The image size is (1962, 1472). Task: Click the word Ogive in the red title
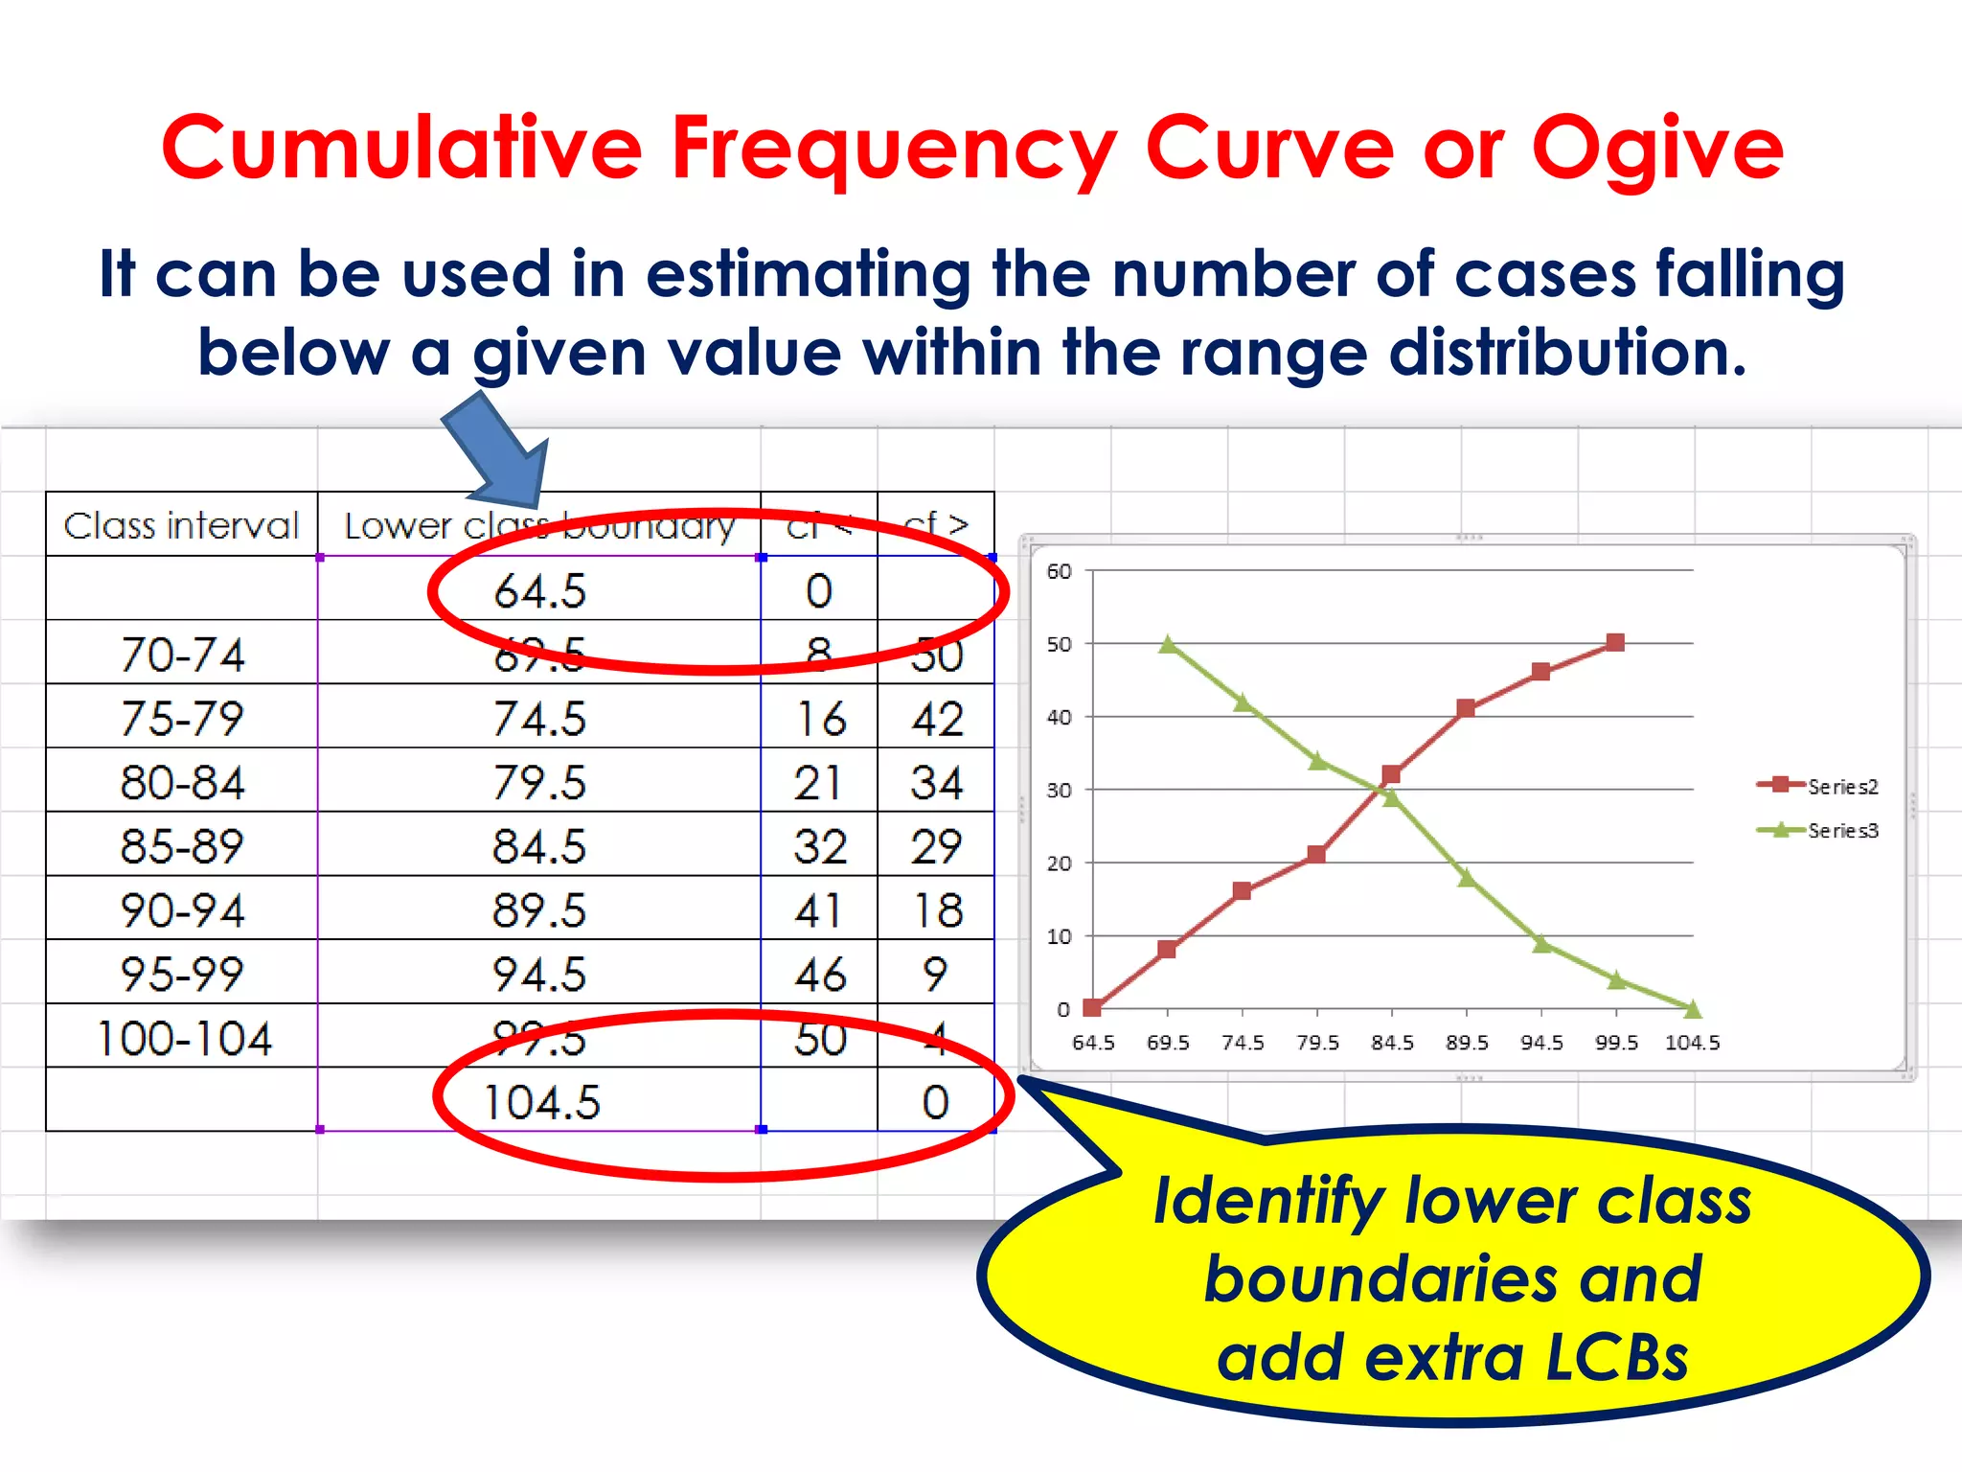pyautogui.click(x=1657, y=150)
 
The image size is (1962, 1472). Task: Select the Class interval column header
pyautogui.click(x=181, y=525)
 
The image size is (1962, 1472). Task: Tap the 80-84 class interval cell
pyautogui.click(x=182, y=782)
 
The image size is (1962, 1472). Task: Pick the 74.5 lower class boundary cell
pyautogui.click(x=539, y=719)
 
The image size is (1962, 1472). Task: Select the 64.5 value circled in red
pyautogui.click(x=539, y=590)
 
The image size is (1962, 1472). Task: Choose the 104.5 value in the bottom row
pyautogui.click(x=542, y=1102)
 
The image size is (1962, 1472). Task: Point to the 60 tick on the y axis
pyautogui.click(x=1059, y=571)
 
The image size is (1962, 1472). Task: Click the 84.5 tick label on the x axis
pyautogui.click(x=1392, y=1043)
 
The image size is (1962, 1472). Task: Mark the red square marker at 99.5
pyautogui.click(x=1615, y=643)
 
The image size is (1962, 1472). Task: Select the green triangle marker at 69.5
pyautogui.click(x=1168, y=644)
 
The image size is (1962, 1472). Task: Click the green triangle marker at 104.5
pyautogui.click(x=1692, y=1007)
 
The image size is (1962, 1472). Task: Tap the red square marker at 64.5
pyautogui.click(x=1092, y=1007)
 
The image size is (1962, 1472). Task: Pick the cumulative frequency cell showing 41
pyautogui.click(x=819, y=910)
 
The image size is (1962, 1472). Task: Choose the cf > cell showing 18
pyautogui.click(x=936, y=910)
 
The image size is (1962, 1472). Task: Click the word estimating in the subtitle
pyautogui.click(x=808, y=274)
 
